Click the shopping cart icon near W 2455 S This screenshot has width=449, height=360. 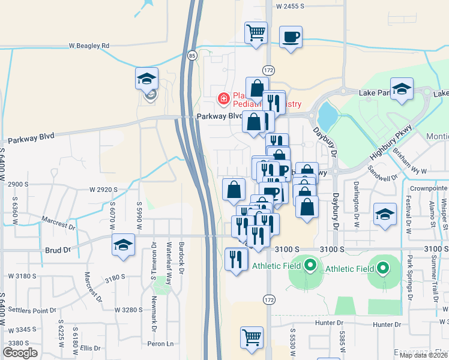pos(256,32)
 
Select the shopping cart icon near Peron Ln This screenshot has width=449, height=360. pos(252,337)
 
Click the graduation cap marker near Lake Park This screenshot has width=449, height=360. pos(402,89)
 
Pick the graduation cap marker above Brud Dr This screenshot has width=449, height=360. pos(124,245)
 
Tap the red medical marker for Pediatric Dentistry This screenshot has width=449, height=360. pos(223,97)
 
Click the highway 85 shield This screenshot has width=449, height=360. pos(191,56)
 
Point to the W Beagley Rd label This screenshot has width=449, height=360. pos(89,46)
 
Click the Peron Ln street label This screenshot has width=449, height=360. pos(161,344)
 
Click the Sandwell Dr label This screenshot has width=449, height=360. pos(385,178)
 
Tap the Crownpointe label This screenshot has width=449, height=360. pos(427,188)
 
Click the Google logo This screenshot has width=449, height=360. pos(20,353)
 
